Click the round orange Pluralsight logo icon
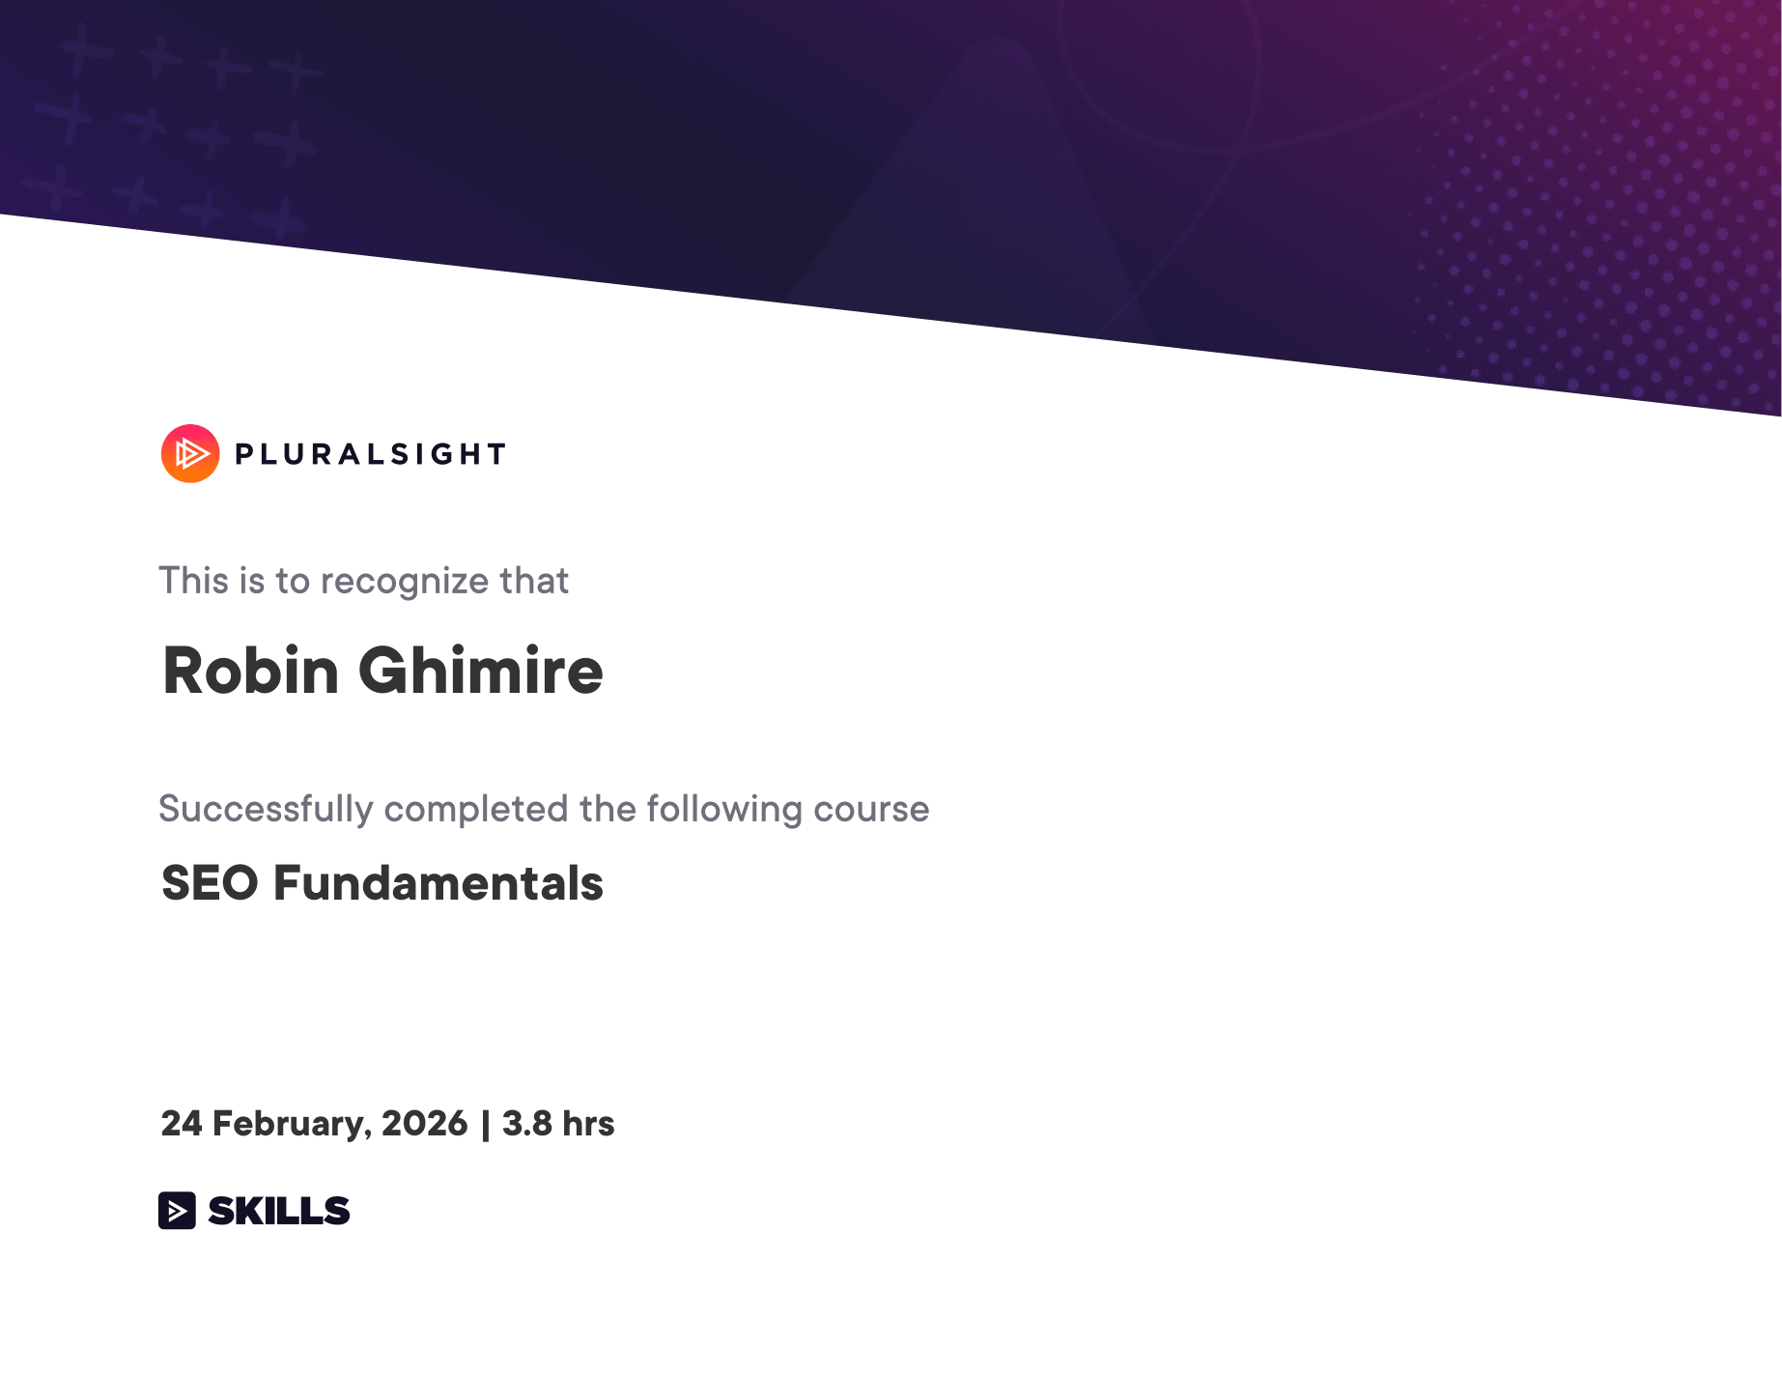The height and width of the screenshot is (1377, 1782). click(x=190, y=453)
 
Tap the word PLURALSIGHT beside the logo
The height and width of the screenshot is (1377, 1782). click(x=371, y=454)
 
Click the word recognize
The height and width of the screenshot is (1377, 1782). click(x=405, y=583)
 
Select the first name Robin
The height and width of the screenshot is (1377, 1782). click(x=250, y=670)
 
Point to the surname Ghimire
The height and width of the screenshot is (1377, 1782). click(x=481, y=670)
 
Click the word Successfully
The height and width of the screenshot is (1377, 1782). click(x=266, y=810)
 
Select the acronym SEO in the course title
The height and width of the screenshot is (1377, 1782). click(x=211, y=883)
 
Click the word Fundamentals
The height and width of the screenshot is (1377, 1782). click(x=438, y=883)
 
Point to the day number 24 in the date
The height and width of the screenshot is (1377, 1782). click(x=182, y=1124)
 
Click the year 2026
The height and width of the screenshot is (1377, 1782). click(x=425, y=1124)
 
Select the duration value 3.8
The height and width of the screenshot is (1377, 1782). click(x=527, y=1124)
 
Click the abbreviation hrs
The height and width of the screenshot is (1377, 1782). click(x=588, y=1124)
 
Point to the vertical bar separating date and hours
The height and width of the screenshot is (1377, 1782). click(x=485, y=1126)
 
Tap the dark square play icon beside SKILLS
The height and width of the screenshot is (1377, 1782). click(x=177, y=1211)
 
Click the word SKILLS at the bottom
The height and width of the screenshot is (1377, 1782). click(x=279, y=1211)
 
